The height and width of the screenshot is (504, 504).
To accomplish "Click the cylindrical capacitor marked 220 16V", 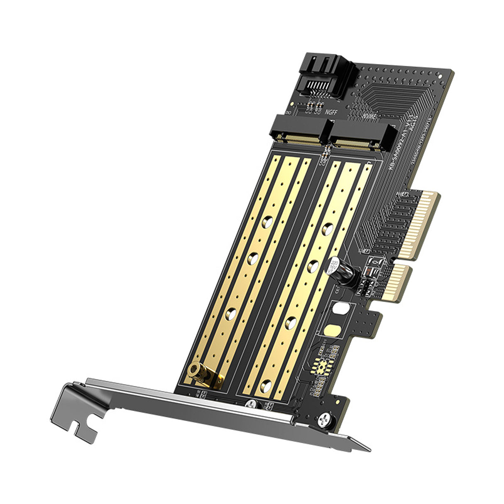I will (336, 265).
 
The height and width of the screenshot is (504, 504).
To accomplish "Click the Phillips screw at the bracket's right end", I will (323, 421).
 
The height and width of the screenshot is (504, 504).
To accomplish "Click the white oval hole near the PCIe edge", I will (340, 309).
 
